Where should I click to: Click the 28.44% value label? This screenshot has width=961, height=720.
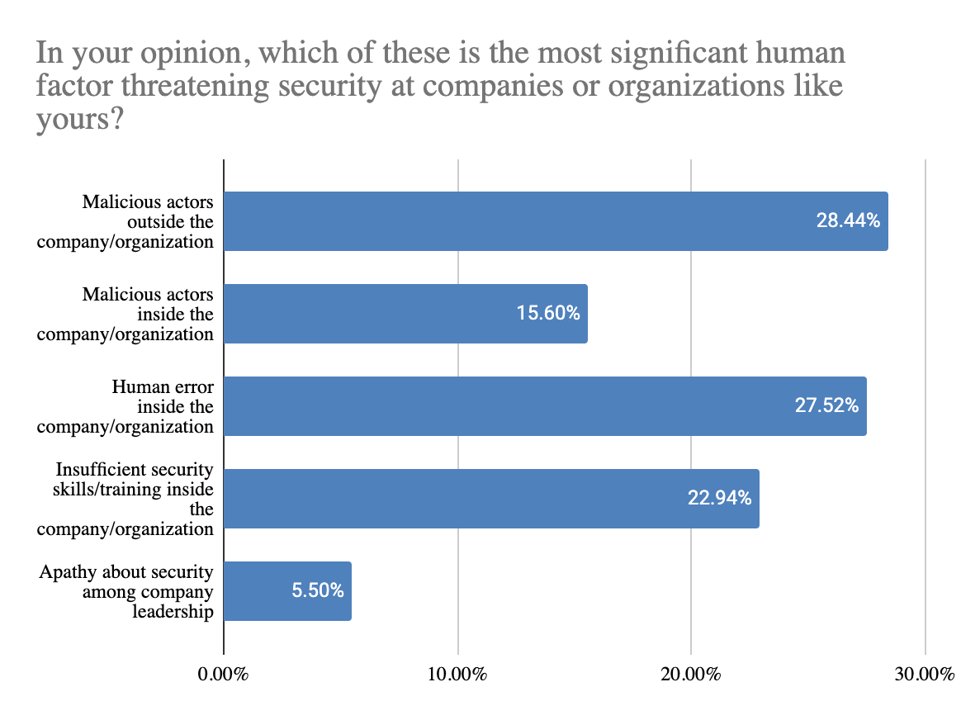coord(848,221)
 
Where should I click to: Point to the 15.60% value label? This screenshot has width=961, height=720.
coord(548,314)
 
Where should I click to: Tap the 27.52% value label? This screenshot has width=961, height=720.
coord(826,406)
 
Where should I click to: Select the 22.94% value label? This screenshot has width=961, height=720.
coord(719,499)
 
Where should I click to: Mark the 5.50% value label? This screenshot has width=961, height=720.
coord(317,591)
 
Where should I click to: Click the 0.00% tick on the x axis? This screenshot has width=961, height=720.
coord(224,675)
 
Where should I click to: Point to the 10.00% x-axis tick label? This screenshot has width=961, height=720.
coord(457,675)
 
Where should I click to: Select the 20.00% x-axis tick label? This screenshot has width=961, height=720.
coord(691,675)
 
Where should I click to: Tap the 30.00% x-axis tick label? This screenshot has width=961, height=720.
coord(925,675)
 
